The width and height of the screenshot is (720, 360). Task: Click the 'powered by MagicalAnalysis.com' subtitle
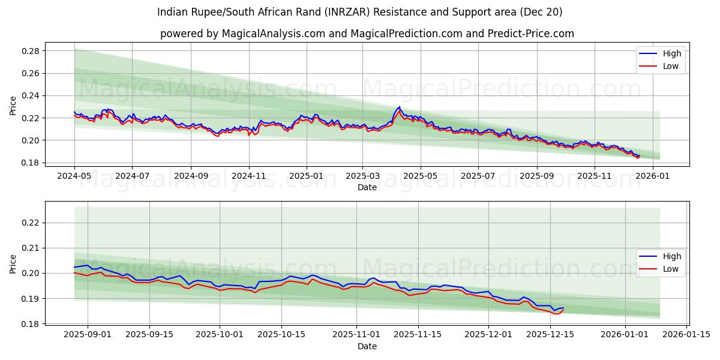click(x=367, y=34)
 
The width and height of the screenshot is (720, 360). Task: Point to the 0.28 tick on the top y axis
click(x=31, y=51)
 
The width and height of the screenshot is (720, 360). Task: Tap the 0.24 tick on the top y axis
click(x=31, y=95)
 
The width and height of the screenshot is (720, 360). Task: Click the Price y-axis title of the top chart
click(x=13, y=105)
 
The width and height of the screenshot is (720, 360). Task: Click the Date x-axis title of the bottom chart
click(x=367, y=346)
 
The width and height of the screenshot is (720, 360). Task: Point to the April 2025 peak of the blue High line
click(x=399, y=107)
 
